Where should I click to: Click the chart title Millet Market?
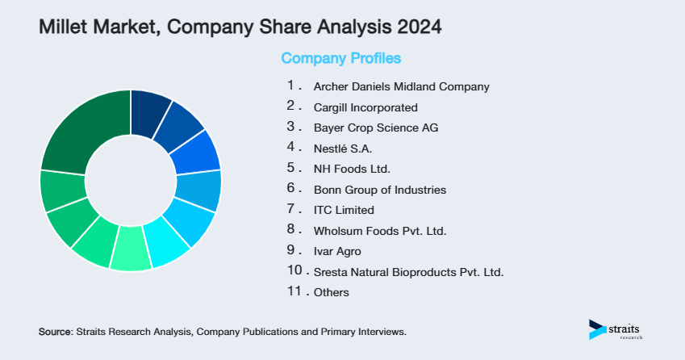point(98,27)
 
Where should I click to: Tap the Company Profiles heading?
point(340,59)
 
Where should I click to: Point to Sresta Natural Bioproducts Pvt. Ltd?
point(408,272)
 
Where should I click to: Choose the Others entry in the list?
point(331,292)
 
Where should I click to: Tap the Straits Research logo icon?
point(598,329)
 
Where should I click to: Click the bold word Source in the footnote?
point(55,332)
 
